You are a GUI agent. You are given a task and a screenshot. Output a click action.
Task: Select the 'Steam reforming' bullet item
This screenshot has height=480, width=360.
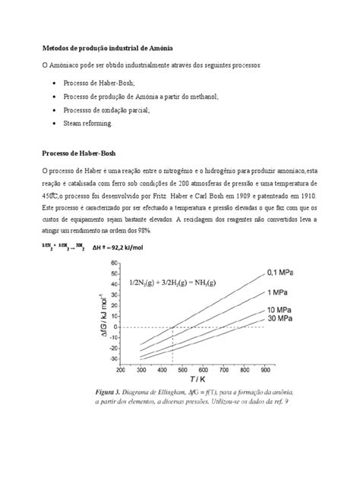[90, 122]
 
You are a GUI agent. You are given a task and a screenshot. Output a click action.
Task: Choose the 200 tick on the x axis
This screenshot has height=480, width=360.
[122, 370]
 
